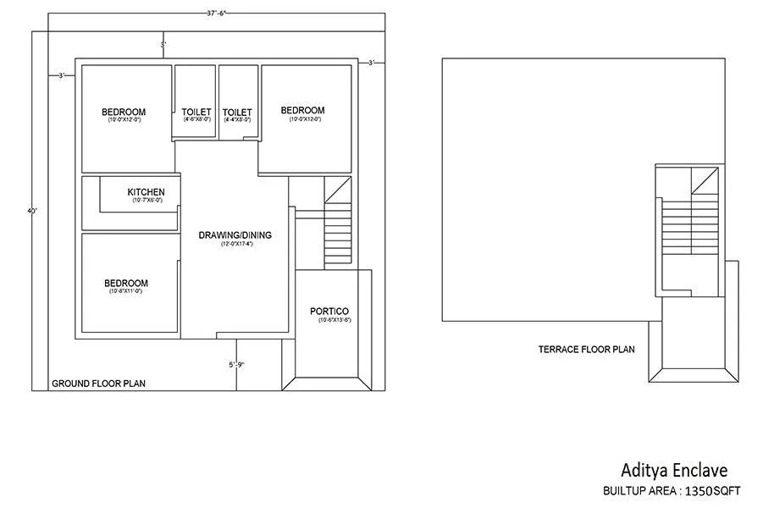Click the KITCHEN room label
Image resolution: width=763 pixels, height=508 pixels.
click(146, 192)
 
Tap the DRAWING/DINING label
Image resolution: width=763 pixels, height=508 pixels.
click(235, 235)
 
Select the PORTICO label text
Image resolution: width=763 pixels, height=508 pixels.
click(329, 312)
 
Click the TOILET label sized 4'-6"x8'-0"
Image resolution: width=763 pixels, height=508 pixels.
click(196, 112)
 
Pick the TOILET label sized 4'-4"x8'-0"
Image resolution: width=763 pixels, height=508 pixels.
click(237, 112)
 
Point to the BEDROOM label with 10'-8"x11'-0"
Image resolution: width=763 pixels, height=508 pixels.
click(126, 283)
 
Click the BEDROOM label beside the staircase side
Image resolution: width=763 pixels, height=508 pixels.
click(302, 110)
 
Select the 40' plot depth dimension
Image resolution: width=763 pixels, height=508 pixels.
click(32, 211)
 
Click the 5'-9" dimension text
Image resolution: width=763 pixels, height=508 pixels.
click(237, 365)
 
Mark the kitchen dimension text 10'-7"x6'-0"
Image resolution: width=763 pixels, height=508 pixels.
click(146, 201)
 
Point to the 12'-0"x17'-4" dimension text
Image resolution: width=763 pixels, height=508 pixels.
click(237, 244)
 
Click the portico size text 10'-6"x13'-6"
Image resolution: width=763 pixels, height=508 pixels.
click(334, 321)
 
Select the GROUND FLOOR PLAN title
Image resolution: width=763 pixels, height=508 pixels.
click(98, 384)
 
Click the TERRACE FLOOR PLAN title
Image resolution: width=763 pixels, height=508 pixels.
click(586, 349)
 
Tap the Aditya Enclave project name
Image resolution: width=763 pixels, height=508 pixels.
click(674, 470)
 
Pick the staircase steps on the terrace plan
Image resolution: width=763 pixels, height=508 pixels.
click(689, 224)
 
